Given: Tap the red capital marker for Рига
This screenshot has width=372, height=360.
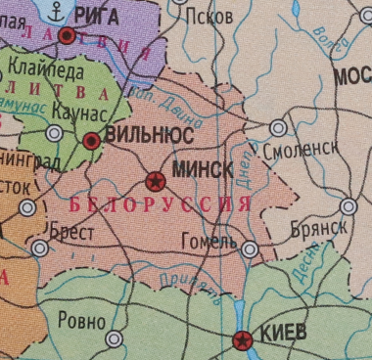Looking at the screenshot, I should coord(68,36).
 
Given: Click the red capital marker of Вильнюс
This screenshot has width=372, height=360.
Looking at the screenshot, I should coord(91,141).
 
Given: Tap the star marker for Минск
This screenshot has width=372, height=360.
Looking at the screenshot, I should coord(155,181).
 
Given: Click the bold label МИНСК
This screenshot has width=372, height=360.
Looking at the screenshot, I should coord(202,169).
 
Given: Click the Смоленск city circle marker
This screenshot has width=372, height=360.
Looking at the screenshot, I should coord(278,128).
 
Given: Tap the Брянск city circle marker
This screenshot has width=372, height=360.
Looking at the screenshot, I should coord(349,205).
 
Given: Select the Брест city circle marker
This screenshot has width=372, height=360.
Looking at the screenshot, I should coord(39,248).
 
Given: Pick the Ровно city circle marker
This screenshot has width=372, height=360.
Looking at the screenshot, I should coord(115,338).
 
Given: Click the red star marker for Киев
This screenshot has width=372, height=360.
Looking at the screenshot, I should coord(242,340).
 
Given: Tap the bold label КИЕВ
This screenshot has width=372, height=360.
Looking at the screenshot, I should coord(283,334).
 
